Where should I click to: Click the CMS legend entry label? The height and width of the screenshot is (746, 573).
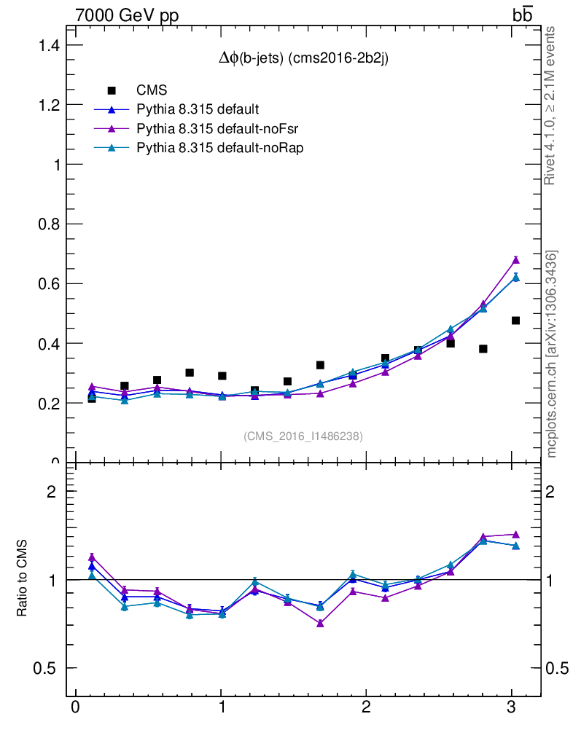coord(152,90)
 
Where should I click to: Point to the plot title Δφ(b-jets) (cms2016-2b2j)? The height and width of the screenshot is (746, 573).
coord(303,60)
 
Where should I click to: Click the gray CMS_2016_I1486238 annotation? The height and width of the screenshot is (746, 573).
coord(303,436)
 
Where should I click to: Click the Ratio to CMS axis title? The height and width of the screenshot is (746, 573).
coord(23,580)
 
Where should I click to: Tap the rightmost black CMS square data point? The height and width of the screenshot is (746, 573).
coord(515,321)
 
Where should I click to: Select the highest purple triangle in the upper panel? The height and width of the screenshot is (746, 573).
coord(515,259)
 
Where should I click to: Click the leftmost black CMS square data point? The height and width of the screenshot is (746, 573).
coord(92,398)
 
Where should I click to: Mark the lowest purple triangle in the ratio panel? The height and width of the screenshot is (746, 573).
coord(320,624)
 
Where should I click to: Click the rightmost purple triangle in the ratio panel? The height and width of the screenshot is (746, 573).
coord(515,534)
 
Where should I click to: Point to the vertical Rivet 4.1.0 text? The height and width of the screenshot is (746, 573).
coord(550,106)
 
